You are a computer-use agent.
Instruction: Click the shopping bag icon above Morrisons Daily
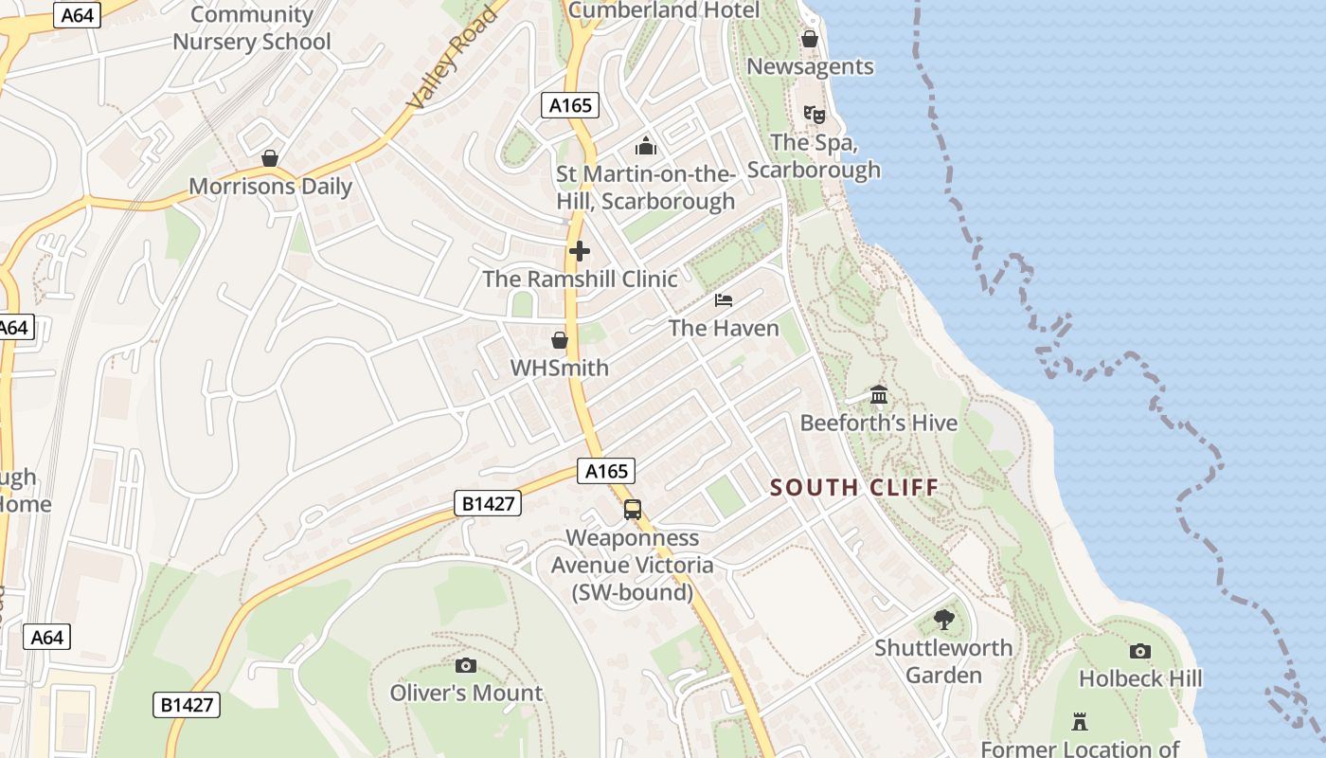(x=270, y=158)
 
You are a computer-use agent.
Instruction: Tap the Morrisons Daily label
(x=271, y=186)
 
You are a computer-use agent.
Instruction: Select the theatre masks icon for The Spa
(x=814, y=115)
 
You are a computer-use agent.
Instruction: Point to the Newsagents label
(x=810, y=66)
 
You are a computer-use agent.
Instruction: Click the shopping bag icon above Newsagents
(x=810, y=39)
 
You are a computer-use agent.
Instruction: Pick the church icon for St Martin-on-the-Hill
(x=646, y=146)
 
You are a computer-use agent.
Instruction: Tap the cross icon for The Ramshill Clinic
(x=580, y=251)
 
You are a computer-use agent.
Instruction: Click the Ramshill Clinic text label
(x=580, y=279)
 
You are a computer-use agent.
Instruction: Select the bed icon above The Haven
(x=724, y=300)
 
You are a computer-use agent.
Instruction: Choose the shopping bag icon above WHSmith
(x=560, y=340)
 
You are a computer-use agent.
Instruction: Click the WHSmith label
(x=560, y=367)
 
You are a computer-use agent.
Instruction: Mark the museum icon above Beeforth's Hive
(x=879, y=394)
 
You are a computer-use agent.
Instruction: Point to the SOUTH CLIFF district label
(x=854, y=488)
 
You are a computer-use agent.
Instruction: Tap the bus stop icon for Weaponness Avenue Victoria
(x=633, y=510)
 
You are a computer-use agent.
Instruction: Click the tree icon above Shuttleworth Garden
(x=943, y=621)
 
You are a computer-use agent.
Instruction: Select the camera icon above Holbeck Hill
(x=1140, y=651)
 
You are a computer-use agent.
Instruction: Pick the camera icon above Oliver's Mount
(x=466, y=665)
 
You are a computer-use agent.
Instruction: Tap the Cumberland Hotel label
(x=663, y=10)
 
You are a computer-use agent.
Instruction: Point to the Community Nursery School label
(x=251, y=27)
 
